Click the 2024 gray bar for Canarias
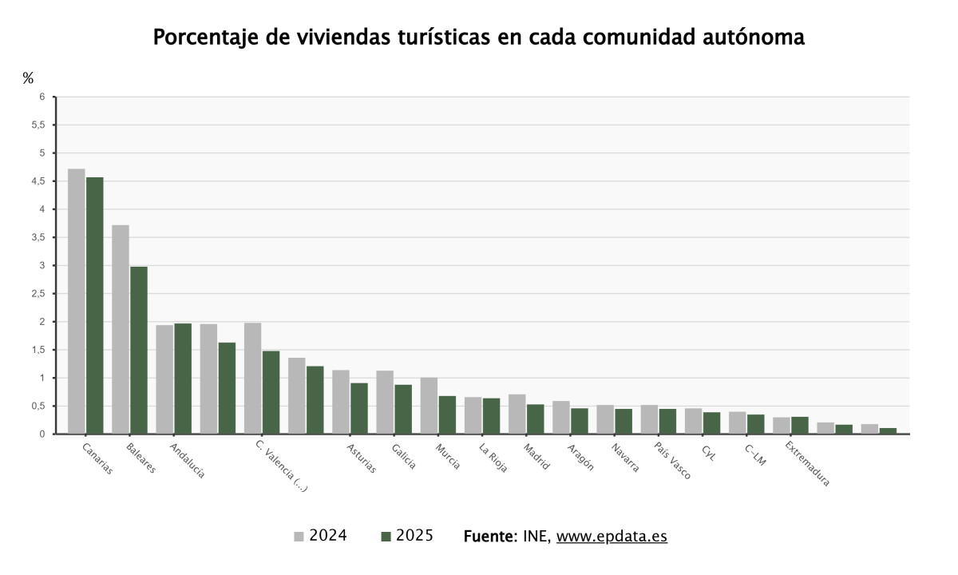coord(76,301)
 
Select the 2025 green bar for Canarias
coord(94,305)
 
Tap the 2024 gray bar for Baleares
coord(121,329)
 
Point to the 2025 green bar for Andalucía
coord(183,379)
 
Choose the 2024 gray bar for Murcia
coord(429,406)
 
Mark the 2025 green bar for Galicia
coord(403,409)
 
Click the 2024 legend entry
coord(321,536)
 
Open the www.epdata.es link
coord(612,536)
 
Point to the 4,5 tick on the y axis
coord(38,181)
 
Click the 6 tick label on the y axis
coord(42,97)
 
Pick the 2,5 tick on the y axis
coord(38,294)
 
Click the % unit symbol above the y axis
coord(28,77)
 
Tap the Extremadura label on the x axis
coord(807,463)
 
